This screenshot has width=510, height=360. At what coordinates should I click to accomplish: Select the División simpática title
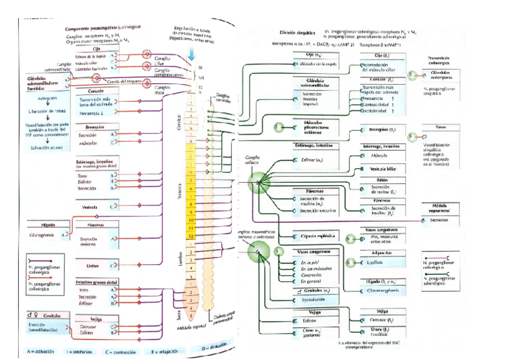tap(297, 32)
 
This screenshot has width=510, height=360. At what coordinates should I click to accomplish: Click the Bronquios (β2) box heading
tap(378, 129)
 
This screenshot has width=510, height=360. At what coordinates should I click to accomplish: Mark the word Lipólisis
tap(375, 261)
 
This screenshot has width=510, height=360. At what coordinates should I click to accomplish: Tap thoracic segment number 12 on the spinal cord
tap(190, 236)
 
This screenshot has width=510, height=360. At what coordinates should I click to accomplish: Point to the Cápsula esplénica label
tap(314, 236)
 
